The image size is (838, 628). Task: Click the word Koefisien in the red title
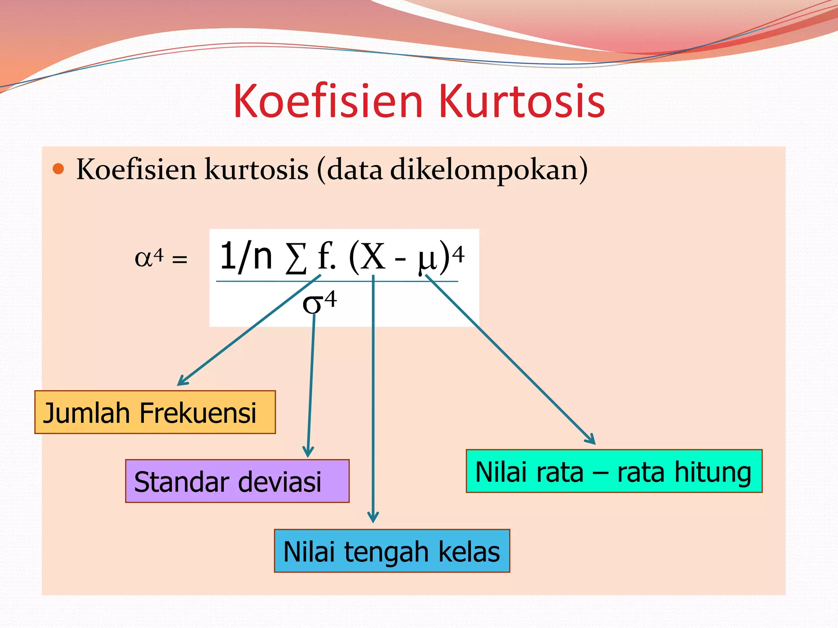point(328,101)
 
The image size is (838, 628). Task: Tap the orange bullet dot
point(59,169)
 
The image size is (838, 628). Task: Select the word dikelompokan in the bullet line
point(485,169)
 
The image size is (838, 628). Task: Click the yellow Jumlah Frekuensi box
point(155,412)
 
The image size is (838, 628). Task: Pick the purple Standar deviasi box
point(237,481)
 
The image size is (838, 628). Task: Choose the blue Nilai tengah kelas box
point(392,551)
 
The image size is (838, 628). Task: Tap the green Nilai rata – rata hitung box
point(614,471)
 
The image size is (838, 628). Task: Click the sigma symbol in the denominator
point(312,304)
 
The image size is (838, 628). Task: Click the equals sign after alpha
point(180,259)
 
